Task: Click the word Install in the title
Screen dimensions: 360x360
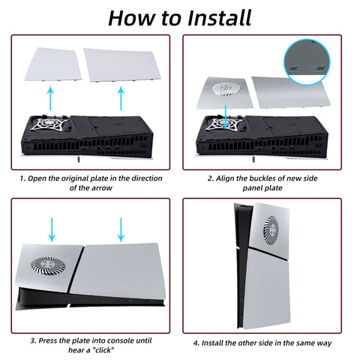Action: [219, 18]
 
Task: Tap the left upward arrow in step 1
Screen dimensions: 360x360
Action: [51, 98]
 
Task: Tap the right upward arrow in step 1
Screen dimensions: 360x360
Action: [121, 98]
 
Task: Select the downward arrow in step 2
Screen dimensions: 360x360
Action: [226, 118]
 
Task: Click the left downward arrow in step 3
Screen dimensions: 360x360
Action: [52, 229]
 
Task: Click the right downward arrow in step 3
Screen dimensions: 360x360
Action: [121, 229]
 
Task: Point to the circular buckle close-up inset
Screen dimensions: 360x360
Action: [307, 61]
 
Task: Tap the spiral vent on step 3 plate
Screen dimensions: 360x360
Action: [48, 265]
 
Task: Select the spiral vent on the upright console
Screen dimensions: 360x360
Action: [271, 230]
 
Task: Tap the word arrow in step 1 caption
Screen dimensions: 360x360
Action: [103, 188]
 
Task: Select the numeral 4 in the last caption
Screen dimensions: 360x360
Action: [196, 343]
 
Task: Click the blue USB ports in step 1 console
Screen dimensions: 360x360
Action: [112, 148]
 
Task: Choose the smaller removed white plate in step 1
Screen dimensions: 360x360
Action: [53, 64]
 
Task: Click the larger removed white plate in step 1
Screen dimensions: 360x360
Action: [122, 65]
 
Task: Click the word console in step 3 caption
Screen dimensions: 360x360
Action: [118, 340]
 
